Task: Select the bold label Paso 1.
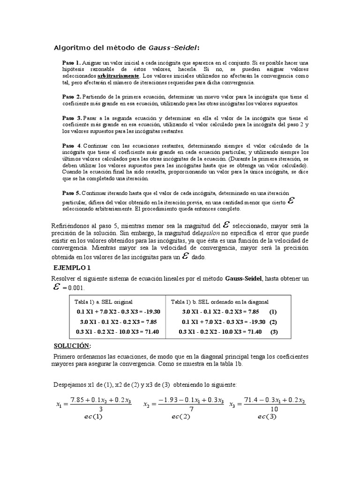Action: coord(72,63)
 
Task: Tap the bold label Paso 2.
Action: coord(72,97)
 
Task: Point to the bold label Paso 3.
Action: coord(72,118)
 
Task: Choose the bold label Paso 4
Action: coord(72,146)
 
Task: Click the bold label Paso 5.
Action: coord(72,193)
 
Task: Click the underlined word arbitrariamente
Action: coord(118,76)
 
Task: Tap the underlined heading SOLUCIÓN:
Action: coord(72,345)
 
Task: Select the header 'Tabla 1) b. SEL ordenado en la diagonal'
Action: coord(219,301)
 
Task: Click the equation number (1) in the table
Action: coord(273,312)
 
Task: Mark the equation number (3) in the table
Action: coord(274,332)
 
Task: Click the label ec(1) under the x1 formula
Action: coord(91,416)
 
